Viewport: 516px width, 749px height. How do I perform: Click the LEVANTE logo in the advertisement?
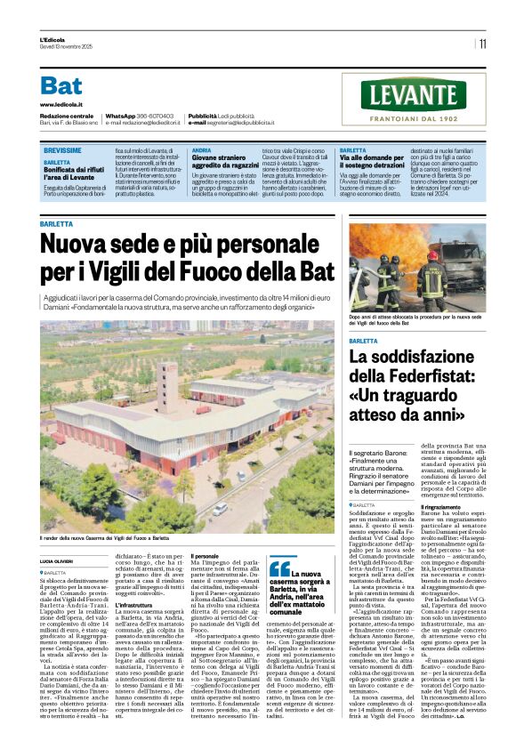pyautogui.click(x=414, y=95)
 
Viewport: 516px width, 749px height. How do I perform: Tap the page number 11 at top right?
pyautogui.click(x=482, y=43)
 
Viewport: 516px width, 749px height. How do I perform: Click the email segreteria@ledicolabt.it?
pyautogui.click(x=254, y=123)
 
